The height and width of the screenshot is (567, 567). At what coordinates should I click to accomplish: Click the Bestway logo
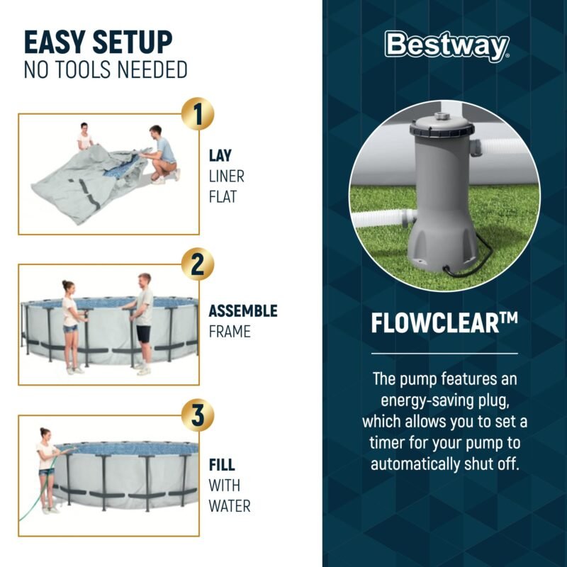click(447, 46)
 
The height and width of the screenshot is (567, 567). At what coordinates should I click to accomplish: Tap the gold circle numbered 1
click(198, 114)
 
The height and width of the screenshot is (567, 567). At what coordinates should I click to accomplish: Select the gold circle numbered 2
click(198, 264)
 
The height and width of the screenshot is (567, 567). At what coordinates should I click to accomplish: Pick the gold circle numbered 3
click(198, 415)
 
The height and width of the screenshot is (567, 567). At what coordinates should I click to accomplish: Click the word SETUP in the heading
click(133, 43)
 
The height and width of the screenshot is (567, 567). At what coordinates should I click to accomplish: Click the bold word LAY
click(220, 155)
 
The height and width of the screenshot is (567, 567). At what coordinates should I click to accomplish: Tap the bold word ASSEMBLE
click(243, 311)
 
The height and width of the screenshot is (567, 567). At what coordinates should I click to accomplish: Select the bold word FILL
click(222, 465)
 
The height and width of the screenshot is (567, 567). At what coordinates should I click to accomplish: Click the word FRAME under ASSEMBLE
click(230, 332)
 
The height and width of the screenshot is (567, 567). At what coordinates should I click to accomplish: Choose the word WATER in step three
click(230, 506)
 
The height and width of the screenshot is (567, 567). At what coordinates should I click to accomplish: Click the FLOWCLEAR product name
click(444, 323)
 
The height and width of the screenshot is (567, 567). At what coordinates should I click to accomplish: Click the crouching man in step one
click(162, 155)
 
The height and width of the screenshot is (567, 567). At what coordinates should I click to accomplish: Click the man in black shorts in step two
click(142, 324)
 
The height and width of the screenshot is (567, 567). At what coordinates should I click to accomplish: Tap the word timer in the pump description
click(387, 442)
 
